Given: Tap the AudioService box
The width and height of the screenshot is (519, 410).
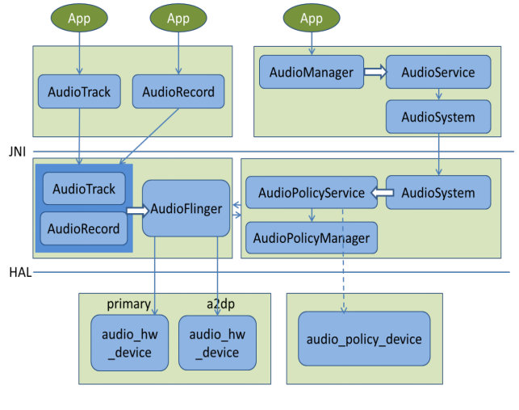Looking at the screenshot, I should (437, 73).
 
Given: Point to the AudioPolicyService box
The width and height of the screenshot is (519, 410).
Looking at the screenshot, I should (311, 193).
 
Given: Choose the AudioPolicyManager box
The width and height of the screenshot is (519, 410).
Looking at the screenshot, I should (311, 237).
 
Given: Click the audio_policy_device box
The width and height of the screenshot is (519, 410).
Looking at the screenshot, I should (363, 339).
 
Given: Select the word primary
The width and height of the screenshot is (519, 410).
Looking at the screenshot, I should (128, 303).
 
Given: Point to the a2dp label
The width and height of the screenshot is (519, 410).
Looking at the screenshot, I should (221, 303).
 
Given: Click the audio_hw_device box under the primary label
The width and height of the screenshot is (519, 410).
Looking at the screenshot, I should (129, 343).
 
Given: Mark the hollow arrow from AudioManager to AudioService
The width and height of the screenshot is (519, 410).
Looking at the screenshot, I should (374, 73).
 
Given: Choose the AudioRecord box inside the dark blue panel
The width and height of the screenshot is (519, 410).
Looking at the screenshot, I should (83, 228).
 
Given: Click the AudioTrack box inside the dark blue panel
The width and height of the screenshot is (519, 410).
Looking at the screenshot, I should (83, 189).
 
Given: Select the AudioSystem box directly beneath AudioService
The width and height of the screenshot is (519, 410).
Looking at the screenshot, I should (437, 117).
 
